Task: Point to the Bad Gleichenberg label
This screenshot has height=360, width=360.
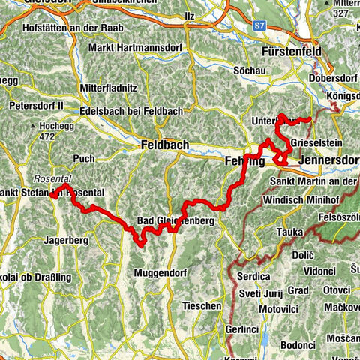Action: tap(175, 221)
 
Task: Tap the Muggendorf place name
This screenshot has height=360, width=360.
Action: tap(163, 274)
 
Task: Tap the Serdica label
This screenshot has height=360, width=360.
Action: tap(253, 276)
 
